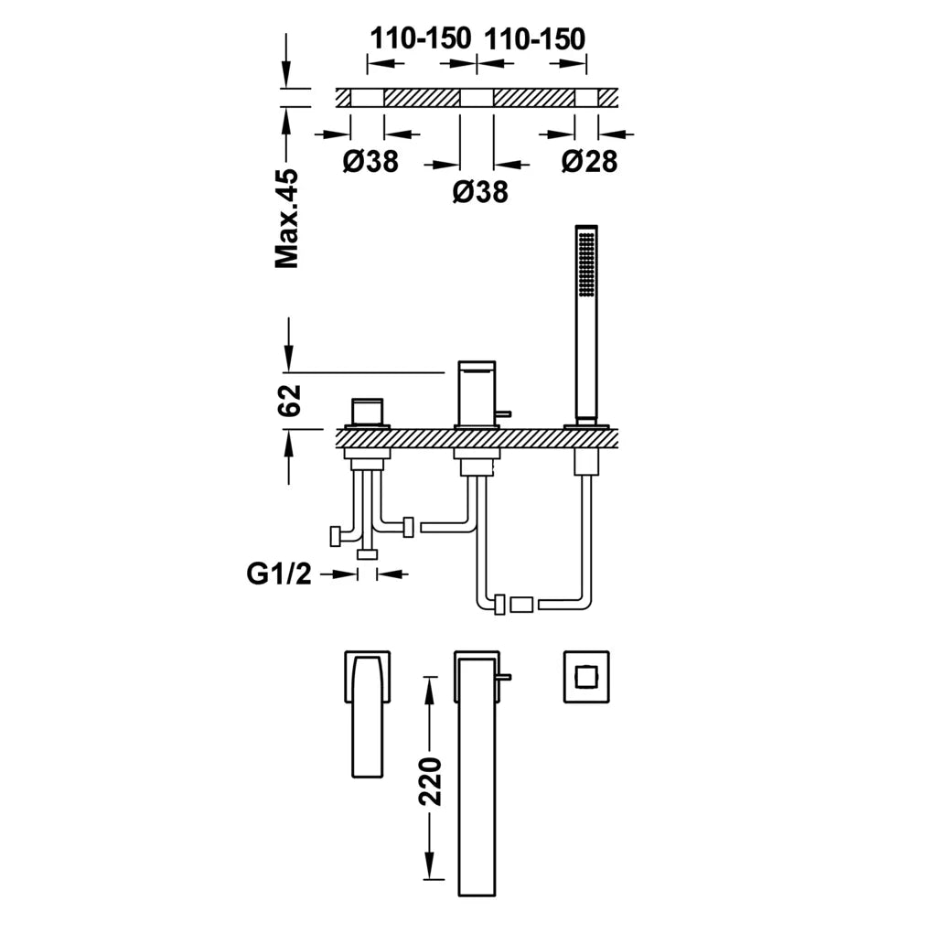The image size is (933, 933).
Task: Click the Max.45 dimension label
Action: point(287,219)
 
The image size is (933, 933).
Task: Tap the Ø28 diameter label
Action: point(590,161)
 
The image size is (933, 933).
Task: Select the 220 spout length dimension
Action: point(430,781)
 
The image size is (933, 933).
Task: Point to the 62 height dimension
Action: point(289,401)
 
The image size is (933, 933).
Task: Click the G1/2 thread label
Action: point(279,574)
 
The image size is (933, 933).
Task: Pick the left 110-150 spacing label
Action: point(421,38)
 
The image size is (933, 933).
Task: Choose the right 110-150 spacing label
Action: point(535,38)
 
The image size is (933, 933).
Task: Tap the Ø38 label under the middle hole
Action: point(480,192)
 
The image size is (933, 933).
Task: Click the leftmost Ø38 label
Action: point(370,161)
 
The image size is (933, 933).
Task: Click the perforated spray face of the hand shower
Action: point(586,263)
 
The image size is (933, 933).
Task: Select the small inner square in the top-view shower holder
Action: point(586,677)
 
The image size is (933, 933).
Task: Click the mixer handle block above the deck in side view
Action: point(367,411)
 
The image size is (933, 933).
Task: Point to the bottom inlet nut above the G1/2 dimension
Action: point(367,554)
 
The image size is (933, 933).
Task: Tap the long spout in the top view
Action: point(477,774)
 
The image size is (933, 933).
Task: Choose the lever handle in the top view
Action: point(367,714)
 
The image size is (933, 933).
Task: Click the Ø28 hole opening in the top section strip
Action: point(586,98)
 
